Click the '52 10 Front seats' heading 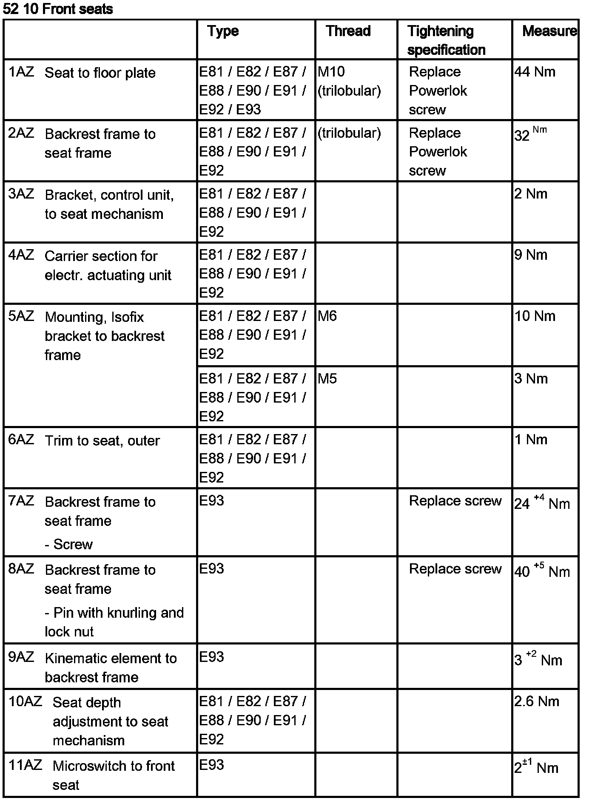58,9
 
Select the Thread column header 348,31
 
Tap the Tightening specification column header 446,40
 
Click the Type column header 223,31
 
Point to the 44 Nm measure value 535,72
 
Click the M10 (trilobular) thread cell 349,81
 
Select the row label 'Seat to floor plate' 100,73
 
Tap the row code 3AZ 21,194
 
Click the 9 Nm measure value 530,255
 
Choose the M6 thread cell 327,316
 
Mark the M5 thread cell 327,379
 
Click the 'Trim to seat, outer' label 102,441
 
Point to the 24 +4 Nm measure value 541,503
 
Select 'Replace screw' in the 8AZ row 455,569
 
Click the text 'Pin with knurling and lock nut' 114,622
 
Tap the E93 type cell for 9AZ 211,657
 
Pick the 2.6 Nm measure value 536,701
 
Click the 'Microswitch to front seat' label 113,775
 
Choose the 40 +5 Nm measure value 541,571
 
